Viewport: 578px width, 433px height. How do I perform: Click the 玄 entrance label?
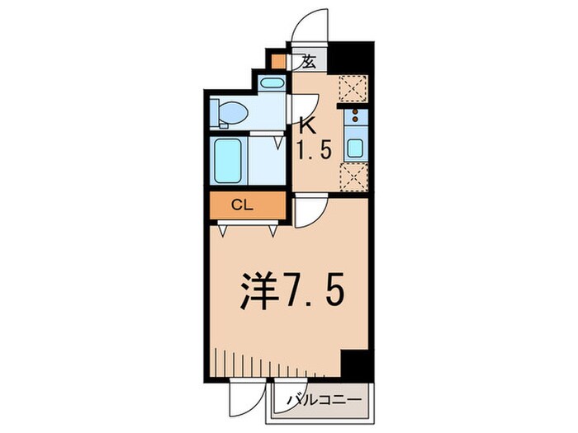click(309, 61)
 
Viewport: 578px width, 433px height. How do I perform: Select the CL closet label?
click(242, 205)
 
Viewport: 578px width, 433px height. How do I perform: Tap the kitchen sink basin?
click(356, 148)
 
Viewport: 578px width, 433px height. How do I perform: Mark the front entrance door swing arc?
click(311, 25)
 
